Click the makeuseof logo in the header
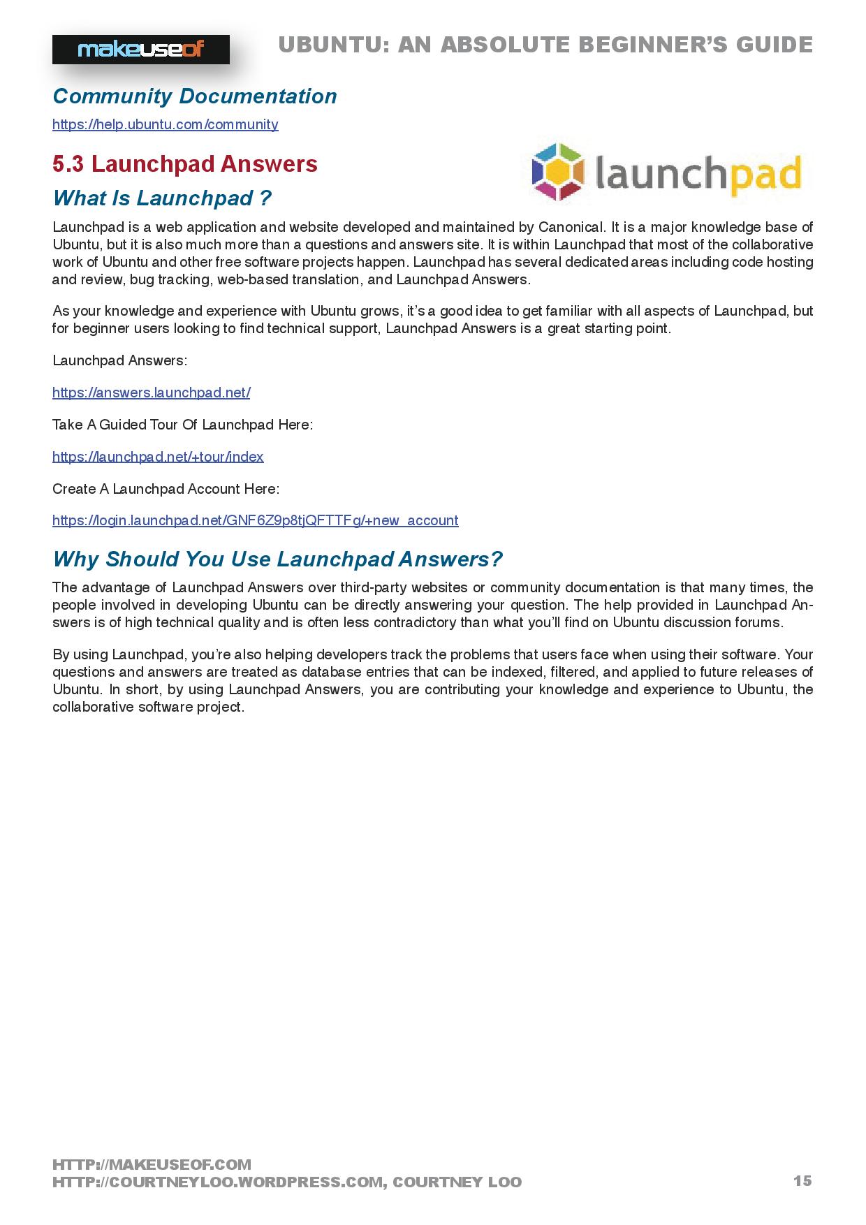140,50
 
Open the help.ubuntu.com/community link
166,125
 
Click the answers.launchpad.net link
151,393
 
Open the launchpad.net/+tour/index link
158,457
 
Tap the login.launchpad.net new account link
255,520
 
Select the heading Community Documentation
194,96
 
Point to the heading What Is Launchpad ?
162,198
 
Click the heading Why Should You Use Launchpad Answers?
277,559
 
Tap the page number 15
802,1180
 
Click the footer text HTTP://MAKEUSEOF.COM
152,1164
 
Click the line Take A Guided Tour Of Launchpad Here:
182,425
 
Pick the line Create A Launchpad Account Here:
166,489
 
